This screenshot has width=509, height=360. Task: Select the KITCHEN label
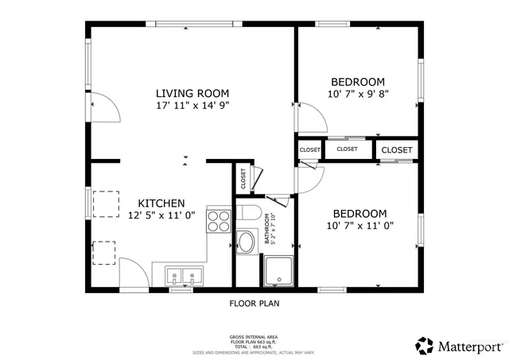coord(161,203)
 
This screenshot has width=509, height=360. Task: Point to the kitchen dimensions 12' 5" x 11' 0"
coord(161,215)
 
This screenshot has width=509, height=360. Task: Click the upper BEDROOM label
coord(358,82)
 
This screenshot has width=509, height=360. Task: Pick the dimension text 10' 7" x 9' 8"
coord(358,94)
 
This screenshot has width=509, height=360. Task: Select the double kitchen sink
coord(184,276)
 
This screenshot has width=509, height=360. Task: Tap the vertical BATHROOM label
coord(269,228)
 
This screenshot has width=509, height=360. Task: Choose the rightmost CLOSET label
coord(397,149)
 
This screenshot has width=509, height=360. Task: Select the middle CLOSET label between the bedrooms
coord(348,149)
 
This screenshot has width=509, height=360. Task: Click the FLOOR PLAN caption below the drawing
coord(254,303)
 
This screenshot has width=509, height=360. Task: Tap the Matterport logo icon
coord(425,346)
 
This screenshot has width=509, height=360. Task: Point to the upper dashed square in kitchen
coord(105,203)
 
